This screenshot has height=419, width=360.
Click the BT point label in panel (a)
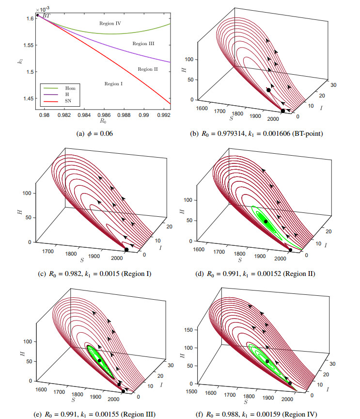tap(47, 16)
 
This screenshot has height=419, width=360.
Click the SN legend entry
tap(68, 100)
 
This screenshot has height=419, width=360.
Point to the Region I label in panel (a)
tap(114, 84)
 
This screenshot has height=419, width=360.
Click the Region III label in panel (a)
tap(143, 44)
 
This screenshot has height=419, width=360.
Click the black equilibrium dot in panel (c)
tap(127, 249)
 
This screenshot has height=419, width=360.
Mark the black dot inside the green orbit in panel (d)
tap(266, 222)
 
